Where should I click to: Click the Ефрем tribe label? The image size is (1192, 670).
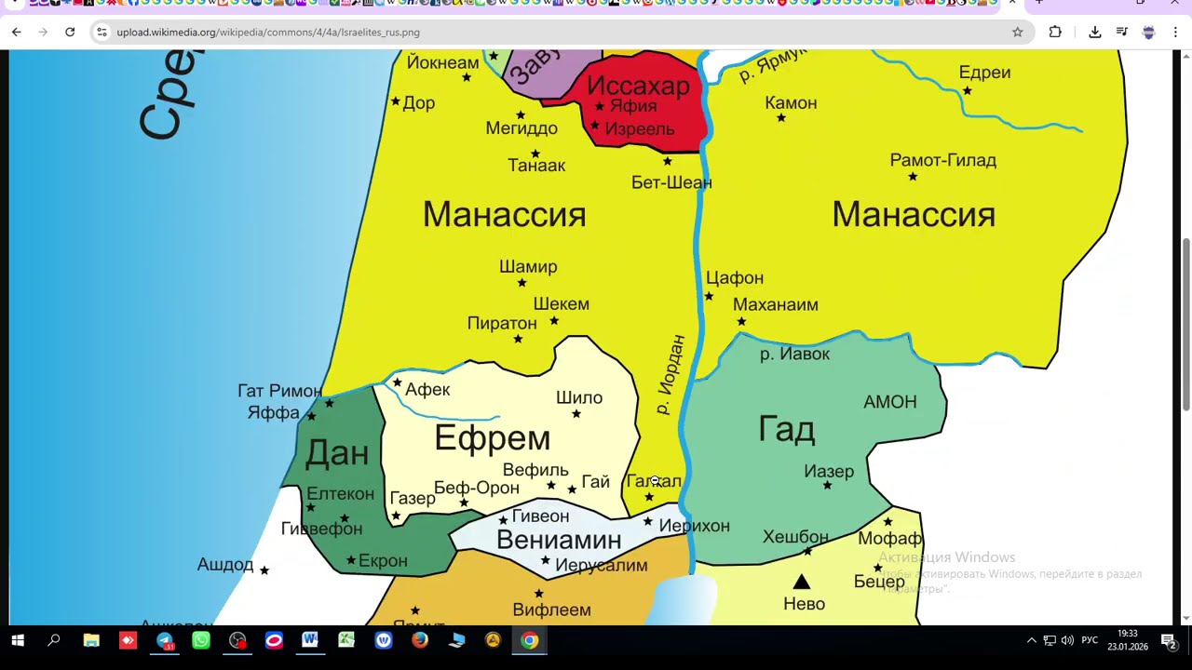click(492, 438)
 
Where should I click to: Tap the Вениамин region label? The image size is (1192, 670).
click(558, 541)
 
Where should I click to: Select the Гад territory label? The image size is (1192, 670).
click(787, 430)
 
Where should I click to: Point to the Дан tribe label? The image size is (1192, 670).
click(337, 453)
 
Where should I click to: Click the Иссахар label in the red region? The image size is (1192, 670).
click(638, 87)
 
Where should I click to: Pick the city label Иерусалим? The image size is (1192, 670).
click(601, 565)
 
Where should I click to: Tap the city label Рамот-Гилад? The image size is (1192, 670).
click(942, 160)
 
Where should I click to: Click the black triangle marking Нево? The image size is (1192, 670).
click(801, 583)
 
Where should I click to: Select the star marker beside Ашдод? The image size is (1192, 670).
click(264, 569)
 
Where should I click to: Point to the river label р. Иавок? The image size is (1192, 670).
click(794, 354)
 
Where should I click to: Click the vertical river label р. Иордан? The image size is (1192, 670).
click(670, 375)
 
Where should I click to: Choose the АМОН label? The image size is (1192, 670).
click(889, 402)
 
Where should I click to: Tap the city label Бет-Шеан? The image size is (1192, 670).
click(671, 182)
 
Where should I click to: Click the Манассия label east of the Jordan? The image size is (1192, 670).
click(913, 215)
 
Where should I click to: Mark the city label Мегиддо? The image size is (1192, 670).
click(521, 128)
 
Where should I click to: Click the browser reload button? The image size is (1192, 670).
click(70, 32)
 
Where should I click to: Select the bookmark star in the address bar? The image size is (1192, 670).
click(1017, 32)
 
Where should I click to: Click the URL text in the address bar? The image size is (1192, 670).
click(268, 32)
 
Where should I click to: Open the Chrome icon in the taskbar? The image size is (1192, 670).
click(529, 640)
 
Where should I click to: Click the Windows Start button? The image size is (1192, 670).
click(17, 640)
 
